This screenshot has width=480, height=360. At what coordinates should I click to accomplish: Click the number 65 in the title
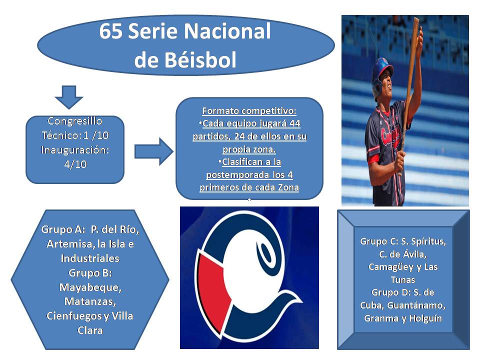pos(111,31)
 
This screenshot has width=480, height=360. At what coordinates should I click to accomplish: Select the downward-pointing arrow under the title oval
pos(69,97)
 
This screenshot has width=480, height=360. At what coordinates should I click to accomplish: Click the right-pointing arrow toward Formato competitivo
pos(154,151)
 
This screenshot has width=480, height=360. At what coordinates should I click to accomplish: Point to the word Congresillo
pos(74,121)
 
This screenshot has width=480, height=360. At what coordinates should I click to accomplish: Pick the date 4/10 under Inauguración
pos(75,164)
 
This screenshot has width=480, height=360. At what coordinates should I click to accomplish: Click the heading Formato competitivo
pos(249,111)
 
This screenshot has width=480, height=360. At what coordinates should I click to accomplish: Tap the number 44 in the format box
pos(295,123)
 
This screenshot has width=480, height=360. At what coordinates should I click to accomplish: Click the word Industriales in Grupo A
pos(90,258)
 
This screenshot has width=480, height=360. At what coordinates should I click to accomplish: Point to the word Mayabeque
pos(90,287)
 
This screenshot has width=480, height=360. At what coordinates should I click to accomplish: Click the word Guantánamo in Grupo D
pos(416,305)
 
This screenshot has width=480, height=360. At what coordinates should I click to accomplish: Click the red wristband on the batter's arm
pos(375,159)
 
